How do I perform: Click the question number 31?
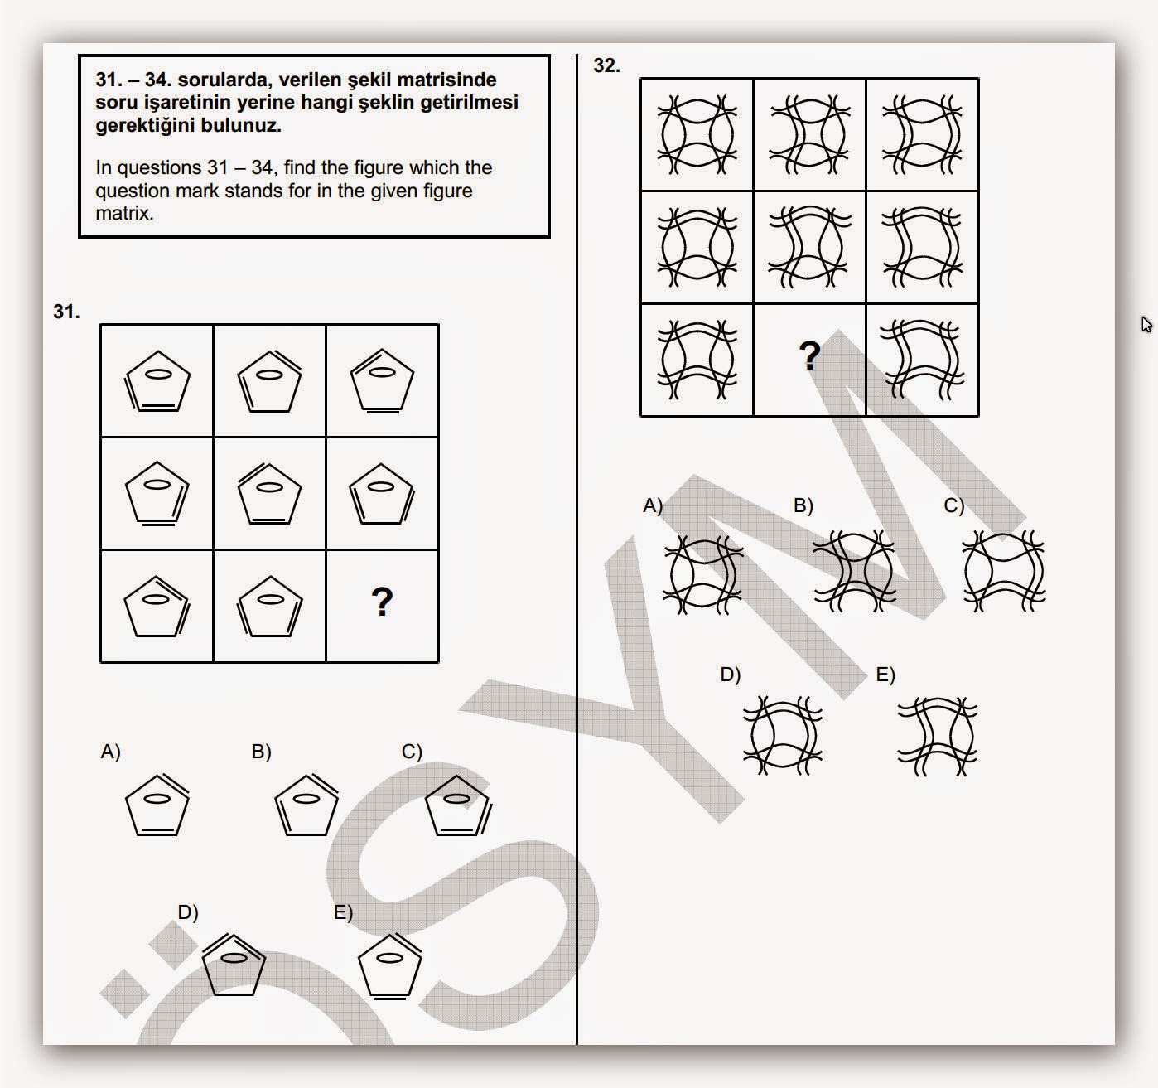pyautogui.click(x=66, y=312)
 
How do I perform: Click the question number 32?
pyautogui.click(x=606, y=65)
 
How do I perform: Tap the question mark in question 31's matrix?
pyautogui.click(x=382, y=602)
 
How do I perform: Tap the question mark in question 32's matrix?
pyautogui.click(x=809, y=356)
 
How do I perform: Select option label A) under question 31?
pyautogui.click(x=110, y=752)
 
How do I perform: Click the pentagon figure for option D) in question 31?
pyautogui.click(x=234, y=965)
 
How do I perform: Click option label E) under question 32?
pyautogui.click(x=885, y=675)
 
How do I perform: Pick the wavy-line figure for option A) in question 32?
pyautogui.click(x=702, y=574)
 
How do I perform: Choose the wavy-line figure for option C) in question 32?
pyautogui.click(x=1004, y=573)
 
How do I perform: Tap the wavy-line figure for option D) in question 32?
pyautogui.click(x=782, y=735)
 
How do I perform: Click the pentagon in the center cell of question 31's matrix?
pyautogui.click(x=269, y=494)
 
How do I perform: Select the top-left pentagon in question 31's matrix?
pyautogui.click(x=157, y=381)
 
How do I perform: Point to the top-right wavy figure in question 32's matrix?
pyautogui.click(x=922, y=135)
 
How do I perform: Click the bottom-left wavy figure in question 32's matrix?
pyautogui.click(x=697, y=360)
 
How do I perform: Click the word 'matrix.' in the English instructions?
pyautogui.click(x=124, y=213)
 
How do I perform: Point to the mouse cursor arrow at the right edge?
pyautogui.click(x=1146, y=323)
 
